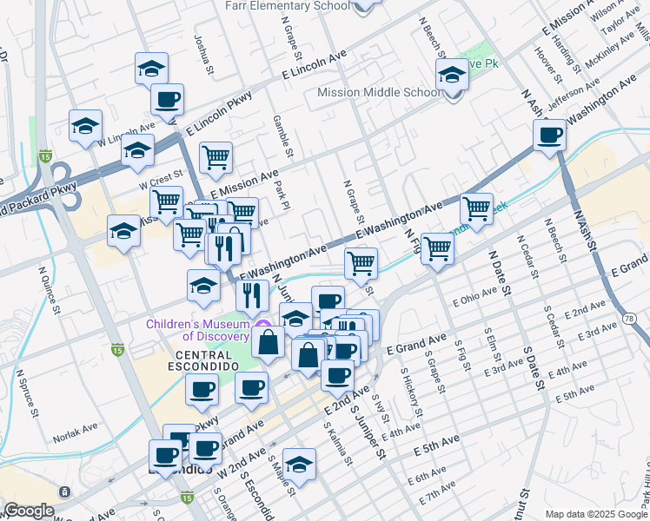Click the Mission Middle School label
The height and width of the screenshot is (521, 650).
pyautogui.click(x=379, y=92)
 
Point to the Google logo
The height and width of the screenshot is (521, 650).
pyautogui.click(x=30, y=511)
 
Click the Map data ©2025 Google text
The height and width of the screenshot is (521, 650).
pyautogui.click(x=596, y=514)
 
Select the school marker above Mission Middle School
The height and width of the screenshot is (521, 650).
pyautogui.click(x=452, y=75)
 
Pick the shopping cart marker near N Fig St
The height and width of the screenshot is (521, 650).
pyautogui.click(x=437, y=248)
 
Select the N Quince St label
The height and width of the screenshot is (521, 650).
pyautogui.click(x=49, y=288)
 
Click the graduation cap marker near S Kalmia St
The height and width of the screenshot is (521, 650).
pyautogui.click(x=299, y=465)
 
